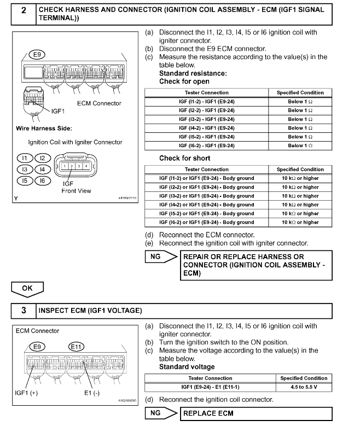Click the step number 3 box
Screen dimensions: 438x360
(x=23, y=311)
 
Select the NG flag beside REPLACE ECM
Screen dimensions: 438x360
(x=155, y=413)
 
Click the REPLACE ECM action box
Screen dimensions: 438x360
(x=256, y=413)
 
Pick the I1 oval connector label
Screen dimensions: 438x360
(x=24, y=158)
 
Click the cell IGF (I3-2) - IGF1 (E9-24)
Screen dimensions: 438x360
(x=206, y=119)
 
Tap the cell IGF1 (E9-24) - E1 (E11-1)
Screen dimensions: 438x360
(x=210, y=387)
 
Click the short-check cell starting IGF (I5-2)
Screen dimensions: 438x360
(x=206, y=214)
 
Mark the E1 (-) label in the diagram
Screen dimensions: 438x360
(x=92, y=393)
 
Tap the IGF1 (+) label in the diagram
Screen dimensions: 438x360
(x=27, y=393)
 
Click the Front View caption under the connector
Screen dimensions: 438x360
(x=76, y=191)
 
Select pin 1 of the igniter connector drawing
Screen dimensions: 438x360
(x=65, y=166)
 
